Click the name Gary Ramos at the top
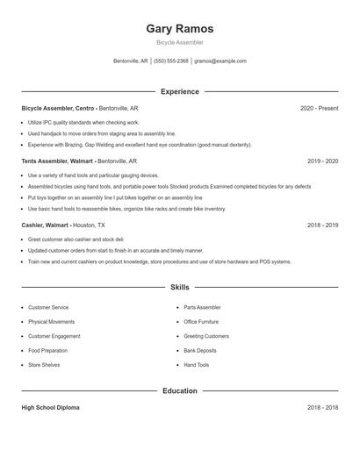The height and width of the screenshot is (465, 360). (179, 29)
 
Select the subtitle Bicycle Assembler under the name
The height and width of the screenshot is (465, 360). (179, 42)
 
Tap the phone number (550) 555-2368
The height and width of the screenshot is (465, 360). (171, 61)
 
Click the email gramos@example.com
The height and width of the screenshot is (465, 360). (220, 61)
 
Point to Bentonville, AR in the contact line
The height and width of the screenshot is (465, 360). (131, 61)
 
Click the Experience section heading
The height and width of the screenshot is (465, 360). (179, 91)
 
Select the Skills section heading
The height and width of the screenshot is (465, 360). (179, 287)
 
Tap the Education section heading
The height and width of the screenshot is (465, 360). (179, 390)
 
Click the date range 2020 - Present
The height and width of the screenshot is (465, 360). (319, 108)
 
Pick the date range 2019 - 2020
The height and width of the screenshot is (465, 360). (322, 161)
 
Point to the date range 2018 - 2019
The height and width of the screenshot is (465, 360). (322, 225)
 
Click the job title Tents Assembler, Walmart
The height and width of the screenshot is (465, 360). (57, 161)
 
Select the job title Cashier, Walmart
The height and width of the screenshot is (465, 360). (46, 225)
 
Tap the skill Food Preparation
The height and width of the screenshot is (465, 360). (47, 350)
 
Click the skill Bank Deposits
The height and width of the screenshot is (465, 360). (199, 350)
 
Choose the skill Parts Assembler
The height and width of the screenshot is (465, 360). (202, 308)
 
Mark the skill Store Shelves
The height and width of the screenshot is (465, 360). (44, 364)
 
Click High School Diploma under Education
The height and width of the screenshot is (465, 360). (51, 408)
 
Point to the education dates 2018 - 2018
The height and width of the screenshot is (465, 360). (322, 408)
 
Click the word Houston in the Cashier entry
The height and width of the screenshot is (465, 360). (84, 225)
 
